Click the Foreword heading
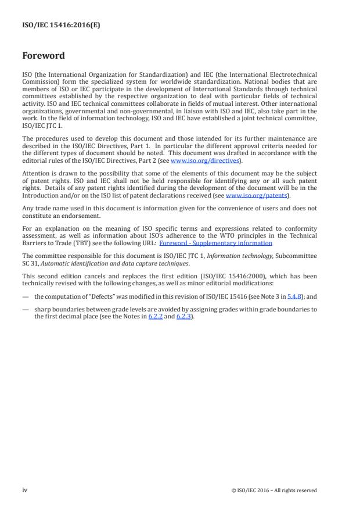[44, 56]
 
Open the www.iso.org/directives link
[198, 160]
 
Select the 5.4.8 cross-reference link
[294, 296]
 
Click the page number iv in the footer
[25, 490]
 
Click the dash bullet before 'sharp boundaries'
[26, 309]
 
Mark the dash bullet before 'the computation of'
[26, 296]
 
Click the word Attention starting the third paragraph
[34, 173]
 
